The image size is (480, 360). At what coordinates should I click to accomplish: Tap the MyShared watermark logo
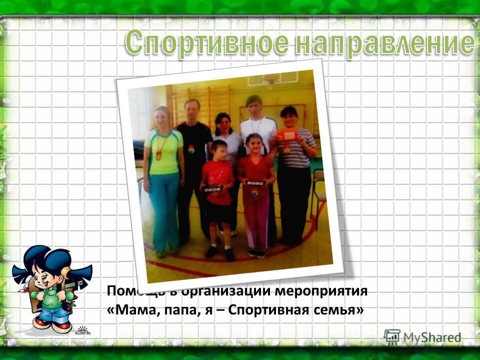[422, 337]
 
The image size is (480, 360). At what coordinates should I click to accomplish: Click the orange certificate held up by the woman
[287, 135]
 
